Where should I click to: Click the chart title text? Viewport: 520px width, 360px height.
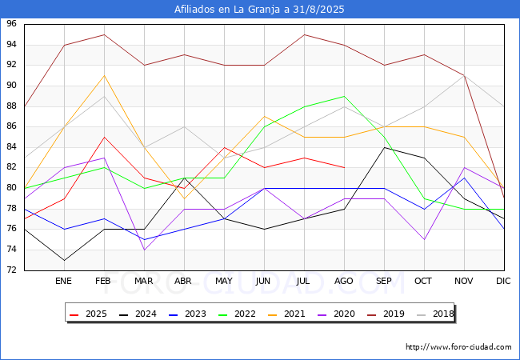click(x=260, y=9)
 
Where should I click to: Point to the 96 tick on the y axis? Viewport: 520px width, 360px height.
click(x=12, y=24)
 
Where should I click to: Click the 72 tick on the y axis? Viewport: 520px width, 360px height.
click(x=12, y=270)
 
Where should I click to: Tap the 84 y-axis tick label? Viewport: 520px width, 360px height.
click(x=12, y=147)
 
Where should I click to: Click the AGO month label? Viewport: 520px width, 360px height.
click(x=344, y=282)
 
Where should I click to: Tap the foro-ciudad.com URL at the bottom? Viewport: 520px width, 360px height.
click(x=458, y=347)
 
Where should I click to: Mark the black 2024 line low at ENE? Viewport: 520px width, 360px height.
click(x=64, y=260)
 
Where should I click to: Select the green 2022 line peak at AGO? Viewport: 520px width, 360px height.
click(x=344, y=96)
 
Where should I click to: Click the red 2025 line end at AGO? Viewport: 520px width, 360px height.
click(x=344, y=167)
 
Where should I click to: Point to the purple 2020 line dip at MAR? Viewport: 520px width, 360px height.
click(x=144, y=250)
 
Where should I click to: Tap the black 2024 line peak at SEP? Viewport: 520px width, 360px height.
click(x=384, y=147)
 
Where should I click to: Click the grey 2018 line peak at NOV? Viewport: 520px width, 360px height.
click(x=464, y=75)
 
